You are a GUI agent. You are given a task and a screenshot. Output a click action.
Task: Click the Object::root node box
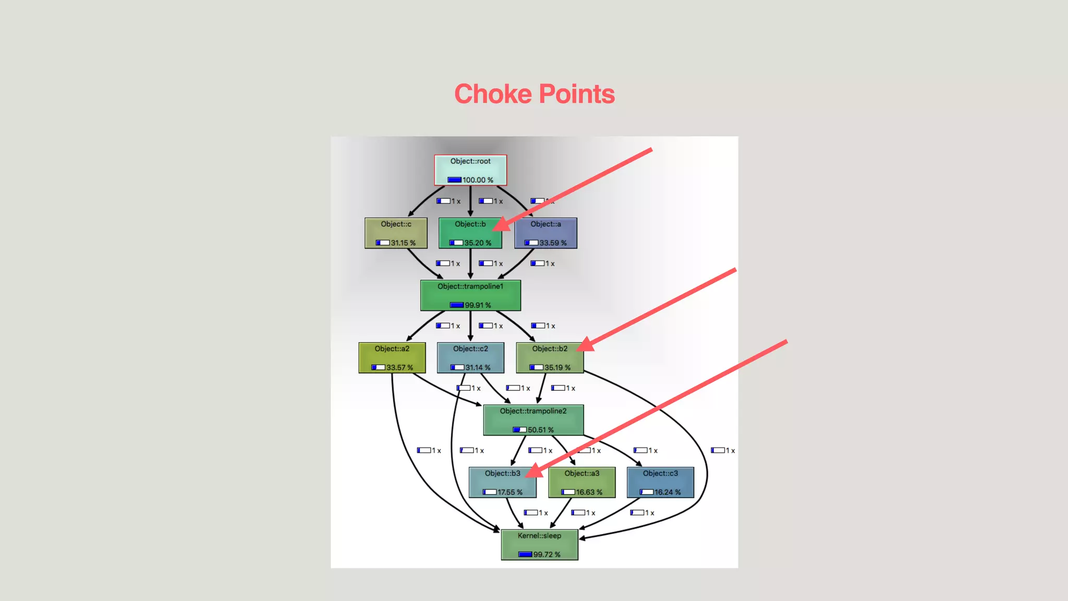click(x=470, y=170)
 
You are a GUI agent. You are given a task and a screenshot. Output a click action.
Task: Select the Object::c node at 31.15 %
click(x=396, y=233)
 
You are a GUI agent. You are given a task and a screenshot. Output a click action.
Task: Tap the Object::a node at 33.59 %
click(x=545, y=233)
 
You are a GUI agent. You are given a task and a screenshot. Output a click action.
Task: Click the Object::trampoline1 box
click(x=470, y=295)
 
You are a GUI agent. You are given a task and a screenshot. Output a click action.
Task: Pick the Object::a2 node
click(x=392, y=357)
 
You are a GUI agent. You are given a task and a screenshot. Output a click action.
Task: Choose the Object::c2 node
click(x=470, y=357)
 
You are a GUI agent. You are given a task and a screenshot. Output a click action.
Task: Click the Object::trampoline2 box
click(x=533, y=420)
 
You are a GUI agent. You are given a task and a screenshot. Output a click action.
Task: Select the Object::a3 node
click(x=582, y=482)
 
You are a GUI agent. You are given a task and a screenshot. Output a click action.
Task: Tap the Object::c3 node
click(x=660, y=482)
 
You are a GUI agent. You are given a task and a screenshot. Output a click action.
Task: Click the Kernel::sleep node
click(x=539, y=545)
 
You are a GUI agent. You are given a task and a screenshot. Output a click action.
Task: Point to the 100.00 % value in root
click(x=478, y=180)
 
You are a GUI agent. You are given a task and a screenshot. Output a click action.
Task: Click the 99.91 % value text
click(x=478, y=305)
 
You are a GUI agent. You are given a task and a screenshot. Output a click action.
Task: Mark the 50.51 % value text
click(x=541, y=430)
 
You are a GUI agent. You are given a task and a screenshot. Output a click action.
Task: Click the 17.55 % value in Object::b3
click(x=509, y=492)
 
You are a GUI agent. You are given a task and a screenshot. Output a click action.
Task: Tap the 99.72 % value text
click(x=547, y=555)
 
